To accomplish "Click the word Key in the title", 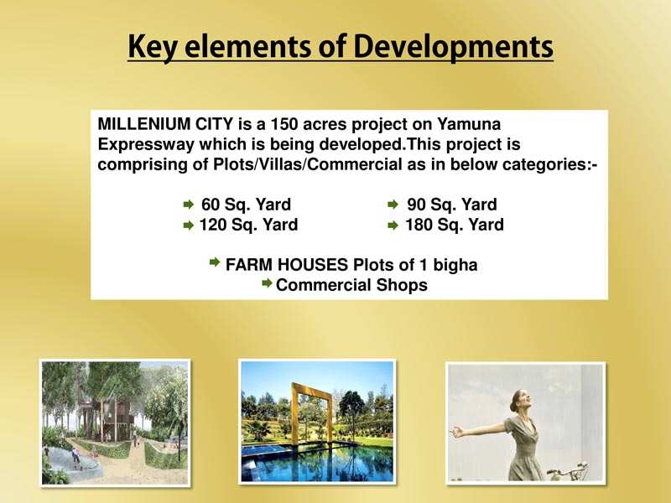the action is [x=153, y=47].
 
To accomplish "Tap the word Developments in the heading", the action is [x=454, y=47].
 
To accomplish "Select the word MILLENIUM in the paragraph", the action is [x=143, y=124].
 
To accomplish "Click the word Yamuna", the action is [x=469, y=124].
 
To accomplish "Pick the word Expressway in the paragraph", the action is [x=145, y=144].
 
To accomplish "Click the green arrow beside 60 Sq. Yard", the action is [x=188, y=205].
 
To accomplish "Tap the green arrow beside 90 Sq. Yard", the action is [x=393, y=205].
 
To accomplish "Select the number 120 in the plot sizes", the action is [x=213, y=225].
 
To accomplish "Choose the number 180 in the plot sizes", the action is [x=419, y=225].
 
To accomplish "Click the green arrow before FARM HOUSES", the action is [x=215, y=262].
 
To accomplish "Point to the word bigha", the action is [x=455, y=265].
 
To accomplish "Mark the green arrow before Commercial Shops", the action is [x=267, y=283].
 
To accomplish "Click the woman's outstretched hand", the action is [x=458, y=432].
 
